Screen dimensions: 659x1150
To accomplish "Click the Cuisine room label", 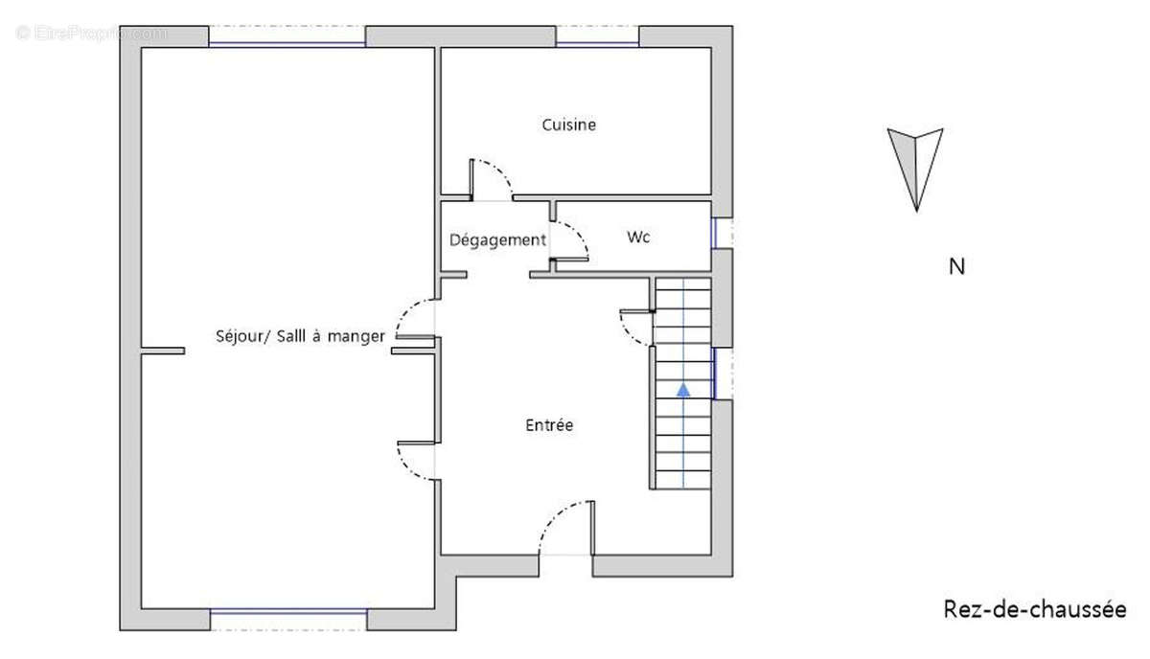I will coord(569,125).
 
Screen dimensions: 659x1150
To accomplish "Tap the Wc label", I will coord(638,237).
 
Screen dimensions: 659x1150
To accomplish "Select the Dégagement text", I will coord(497,239).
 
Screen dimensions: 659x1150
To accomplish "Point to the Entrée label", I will coord(549,424).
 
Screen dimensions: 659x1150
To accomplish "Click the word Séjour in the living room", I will coord(240,336).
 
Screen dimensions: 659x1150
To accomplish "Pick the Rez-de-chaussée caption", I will coord(1035,609).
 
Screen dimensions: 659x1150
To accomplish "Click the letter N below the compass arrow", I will coord(956,267).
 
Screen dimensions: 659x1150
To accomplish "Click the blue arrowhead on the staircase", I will coord(683,389).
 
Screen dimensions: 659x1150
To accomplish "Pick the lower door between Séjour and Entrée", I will coord(416,459).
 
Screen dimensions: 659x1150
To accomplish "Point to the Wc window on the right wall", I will coord(714,232).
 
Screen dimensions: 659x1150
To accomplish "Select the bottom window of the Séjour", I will coord(288,612).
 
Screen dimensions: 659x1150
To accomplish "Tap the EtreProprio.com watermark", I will coord(91,33).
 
